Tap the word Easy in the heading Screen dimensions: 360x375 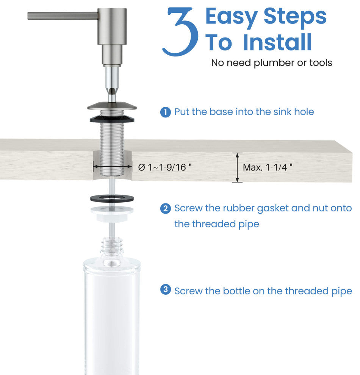point(231,17)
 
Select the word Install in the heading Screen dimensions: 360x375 point(277,42)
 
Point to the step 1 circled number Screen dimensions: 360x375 point(166,112)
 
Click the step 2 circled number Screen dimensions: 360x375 point(166,209)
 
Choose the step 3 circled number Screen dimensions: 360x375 point(166,289)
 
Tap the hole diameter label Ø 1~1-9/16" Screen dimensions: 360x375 point(165,167)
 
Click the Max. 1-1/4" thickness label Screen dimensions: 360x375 point(268,167)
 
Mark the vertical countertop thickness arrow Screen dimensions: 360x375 point(237,167)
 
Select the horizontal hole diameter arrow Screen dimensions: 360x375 point(113,167)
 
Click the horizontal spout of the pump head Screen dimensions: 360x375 point(63,16)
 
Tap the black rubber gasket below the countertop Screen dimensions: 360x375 point(112,198)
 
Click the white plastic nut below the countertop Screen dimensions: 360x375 point(112,214)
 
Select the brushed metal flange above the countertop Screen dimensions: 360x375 point(112,106)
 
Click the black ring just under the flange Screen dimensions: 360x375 point(112,119)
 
